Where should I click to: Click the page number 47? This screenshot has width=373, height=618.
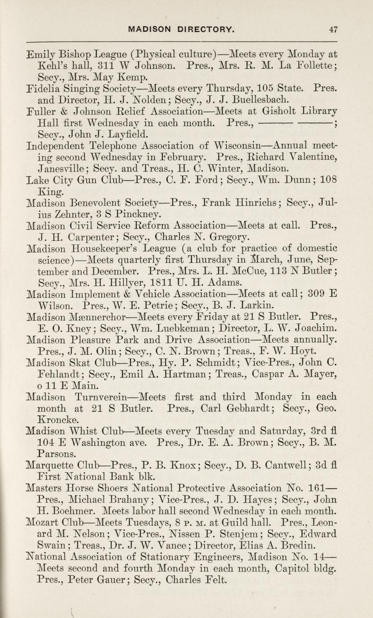[x=333, y=30]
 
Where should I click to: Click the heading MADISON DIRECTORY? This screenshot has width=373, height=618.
[x=181, y=30]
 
